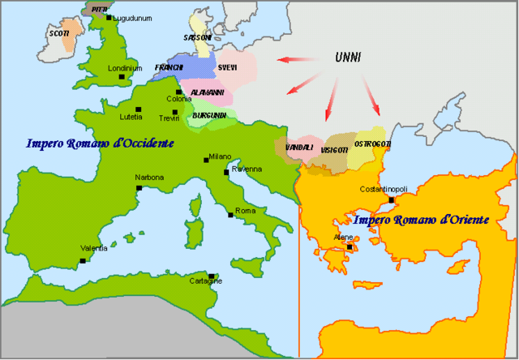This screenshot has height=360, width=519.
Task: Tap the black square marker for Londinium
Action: (122, 78)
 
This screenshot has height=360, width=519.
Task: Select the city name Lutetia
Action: (131, 116)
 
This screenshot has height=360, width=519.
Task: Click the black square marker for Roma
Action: (231, 216)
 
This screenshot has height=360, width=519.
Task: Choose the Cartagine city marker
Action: (212, 276)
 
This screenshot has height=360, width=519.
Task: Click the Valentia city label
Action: (94, 248)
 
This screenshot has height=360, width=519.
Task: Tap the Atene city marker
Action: (350, 247)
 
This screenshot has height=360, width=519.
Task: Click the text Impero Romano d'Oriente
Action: (412, 219)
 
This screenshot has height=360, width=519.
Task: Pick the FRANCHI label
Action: (169, 66)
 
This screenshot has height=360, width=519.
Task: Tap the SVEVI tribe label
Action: (228, 66)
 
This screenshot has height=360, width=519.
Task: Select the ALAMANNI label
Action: (208, 93)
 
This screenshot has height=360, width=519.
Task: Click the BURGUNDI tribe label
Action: (209, 116)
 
